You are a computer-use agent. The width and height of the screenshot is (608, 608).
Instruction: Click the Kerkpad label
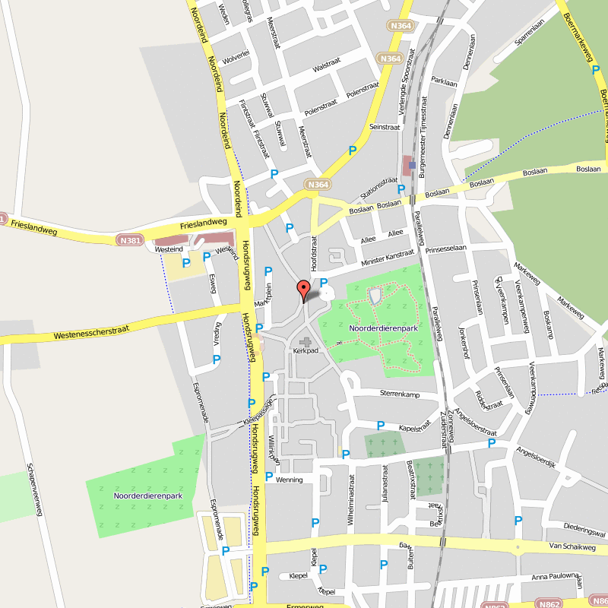[304, 352]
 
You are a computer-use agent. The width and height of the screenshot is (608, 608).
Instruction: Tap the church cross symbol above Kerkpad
[306, 343]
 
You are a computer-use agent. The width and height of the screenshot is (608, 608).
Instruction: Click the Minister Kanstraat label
[388, 258]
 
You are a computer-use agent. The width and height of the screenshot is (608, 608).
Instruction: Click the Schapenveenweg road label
[33, 490]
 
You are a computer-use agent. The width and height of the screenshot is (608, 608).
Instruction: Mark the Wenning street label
[289, 480]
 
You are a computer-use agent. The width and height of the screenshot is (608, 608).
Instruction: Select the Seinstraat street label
[384, 127]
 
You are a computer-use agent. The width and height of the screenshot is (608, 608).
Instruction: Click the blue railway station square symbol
[412, 164]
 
